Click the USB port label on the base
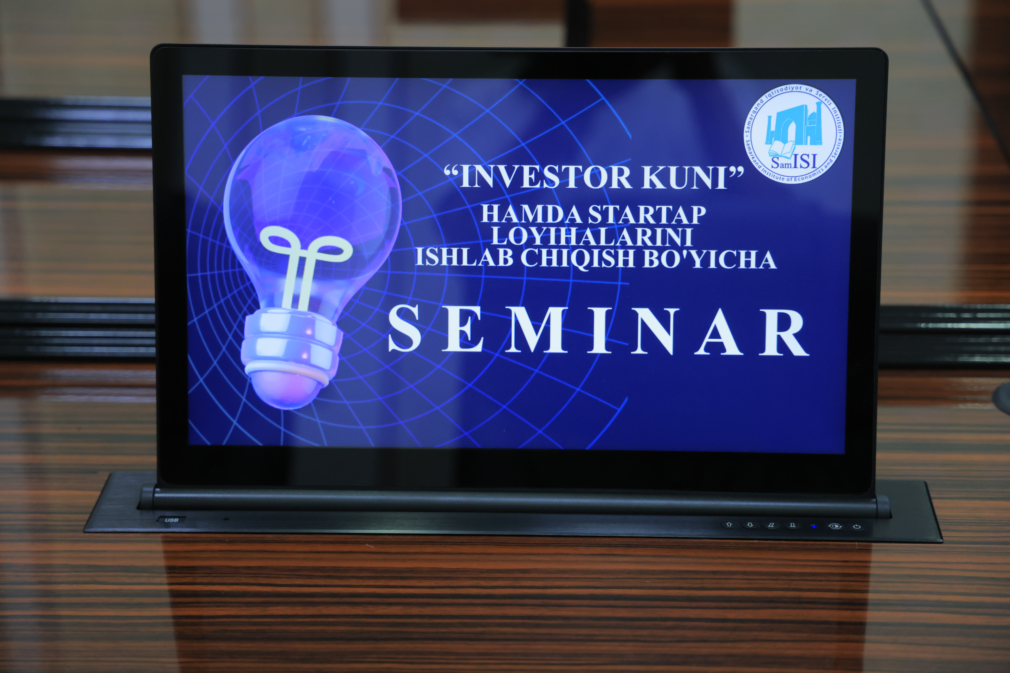pos(171,520)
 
